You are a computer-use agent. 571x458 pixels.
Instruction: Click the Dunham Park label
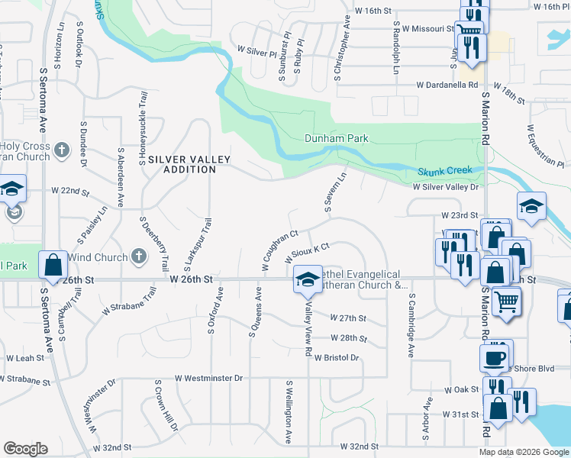(x=337, y=139)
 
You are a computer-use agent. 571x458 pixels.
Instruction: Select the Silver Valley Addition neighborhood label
(x=182, y=164)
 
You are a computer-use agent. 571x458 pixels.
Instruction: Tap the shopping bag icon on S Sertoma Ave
(x=53, y=265)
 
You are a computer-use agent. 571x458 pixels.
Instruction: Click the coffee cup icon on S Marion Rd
(x=494, y=356)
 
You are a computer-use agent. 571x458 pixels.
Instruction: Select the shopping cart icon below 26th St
(x=505, y=302)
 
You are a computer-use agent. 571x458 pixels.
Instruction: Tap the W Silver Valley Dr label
(x=445, y=186)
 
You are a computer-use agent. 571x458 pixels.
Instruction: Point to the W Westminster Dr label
(x=208, y=378)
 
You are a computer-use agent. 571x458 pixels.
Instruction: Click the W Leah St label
(x=25, y=357)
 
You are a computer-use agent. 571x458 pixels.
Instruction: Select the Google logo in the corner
(x=25, y=449)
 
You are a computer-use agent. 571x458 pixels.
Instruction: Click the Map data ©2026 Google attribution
(x=524, y=452)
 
